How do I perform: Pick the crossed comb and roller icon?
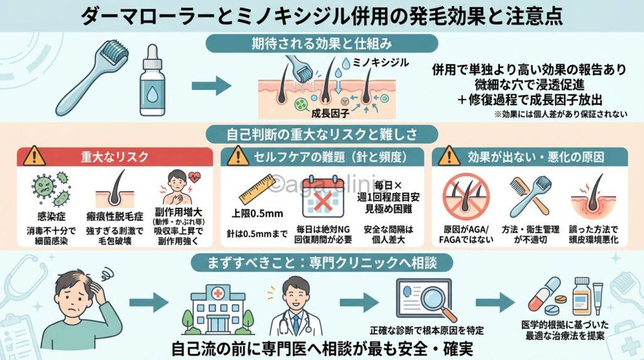[x=526, y=193]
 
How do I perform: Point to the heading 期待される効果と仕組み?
[x=321, y=45]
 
